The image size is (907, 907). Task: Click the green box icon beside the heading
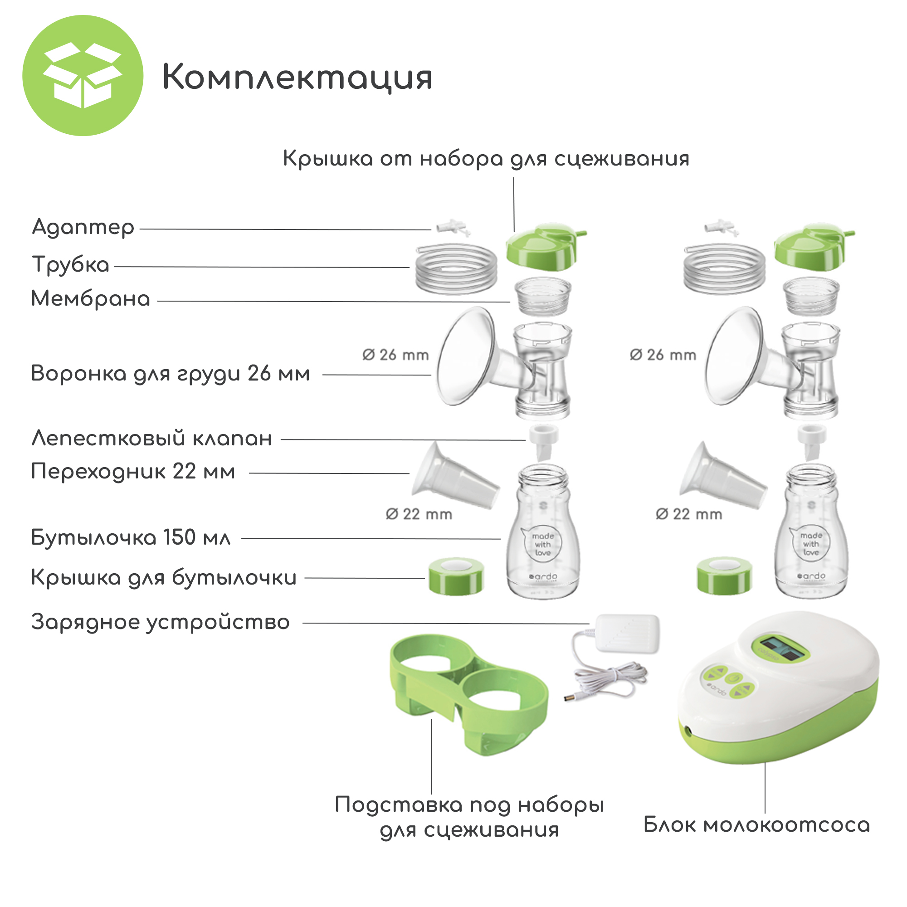point(83,76)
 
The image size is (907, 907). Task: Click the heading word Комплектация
point(297,78)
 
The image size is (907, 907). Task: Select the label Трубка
point(71,264)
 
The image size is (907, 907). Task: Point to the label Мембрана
point(91,298)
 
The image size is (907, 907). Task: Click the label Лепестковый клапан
point(151,439)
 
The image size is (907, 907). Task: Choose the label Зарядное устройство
point(161,623)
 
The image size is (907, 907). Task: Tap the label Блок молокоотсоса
point(756,825)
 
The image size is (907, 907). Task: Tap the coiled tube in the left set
point(456,269)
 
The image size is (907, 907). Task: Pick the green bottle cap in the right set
point(724,575)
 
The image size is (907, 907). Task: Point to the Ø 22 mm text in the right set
point(689,515)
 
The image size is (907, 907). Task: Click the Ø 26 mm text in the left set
point(395,355)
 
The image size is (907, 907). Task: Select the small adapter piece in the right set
point(722,228)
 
